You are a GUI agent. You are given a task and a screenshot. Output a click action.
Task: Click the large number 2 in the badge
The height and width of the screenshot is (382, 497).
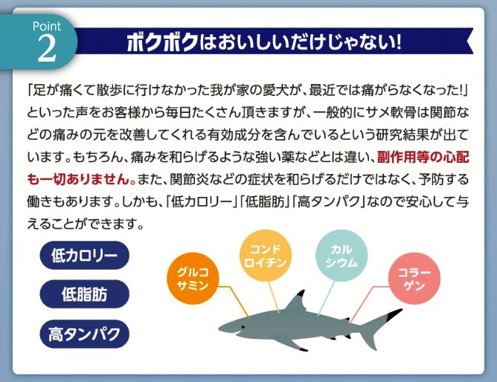click(47, 49)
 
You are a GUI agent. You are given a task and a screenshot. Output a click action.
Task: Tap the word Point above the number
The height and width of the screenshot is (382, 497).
click(47, 26)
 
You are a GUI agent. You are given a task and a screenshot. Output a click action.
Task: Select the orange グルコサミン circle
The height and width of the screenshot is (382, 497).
click(193, 279)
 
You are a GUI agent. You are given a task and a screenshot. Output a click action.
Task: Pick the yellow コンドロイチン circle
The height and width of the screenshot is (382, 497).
click(266, 256)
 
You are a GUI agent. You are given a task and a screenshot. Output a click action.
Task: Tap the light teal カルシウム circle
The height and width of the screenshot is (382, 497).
click(342, 256)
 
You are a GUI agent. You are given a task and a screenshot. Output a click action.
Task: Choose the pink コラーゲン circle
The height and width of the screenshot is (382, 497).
click(414, 279)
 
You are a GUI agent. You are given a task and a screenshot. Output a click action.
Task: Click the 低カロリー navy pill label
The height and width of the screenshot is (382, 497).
click(84, 255)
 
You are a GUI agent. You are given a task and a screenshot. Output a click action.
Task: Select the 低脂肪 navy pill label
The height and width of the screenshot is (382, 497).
click(84, 294)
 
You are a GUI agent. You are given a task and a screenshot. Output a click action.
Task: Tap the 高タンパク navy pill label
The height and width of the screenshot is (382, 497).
click(84, 334)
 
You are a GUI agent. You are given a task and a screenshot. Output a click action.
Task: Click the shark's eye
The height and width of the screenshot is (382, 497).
click(243, 326)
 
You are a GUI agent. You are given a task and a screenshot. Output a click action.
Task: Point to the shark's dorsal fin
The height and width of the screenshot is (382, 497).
click(296, 301)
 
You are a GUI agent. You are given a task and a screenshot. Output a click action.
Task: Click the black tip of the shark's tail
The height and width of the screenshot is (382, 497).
click(394, 314)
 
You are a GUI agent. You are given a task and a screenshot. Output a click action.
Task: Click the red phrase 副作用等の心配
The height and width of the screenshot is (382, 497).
click(423, 158)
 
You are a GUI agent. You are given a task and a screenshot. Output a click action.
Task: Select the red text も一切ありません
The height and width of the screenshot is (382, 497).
click(81, 179)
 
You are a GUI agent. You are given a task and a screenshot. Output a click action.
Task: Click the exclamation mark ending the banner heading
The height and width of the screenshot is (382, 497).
click(398, 42)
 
